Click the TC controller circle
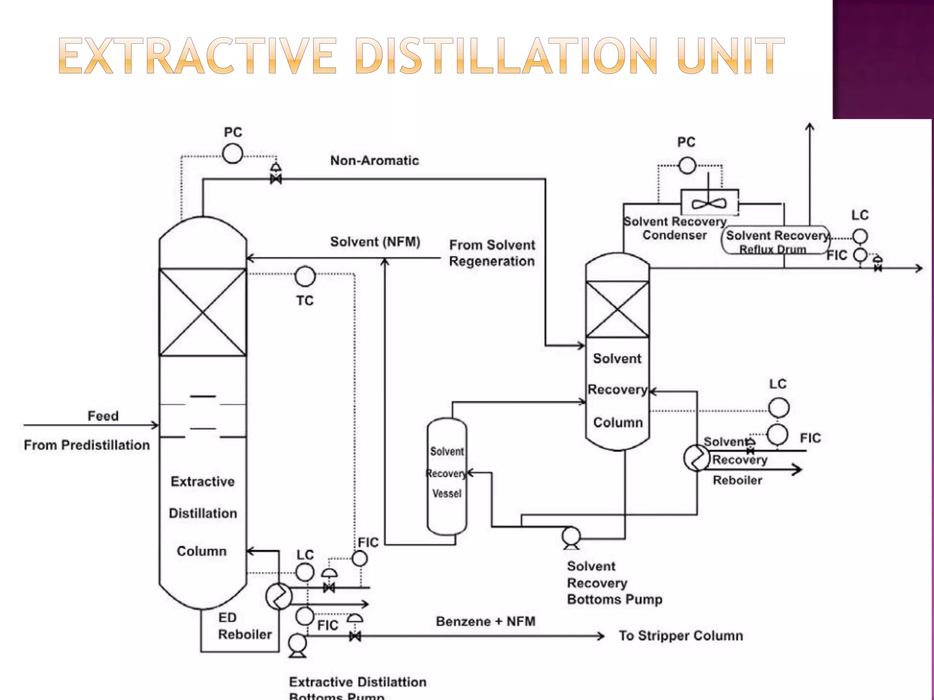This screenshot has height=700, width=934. [x=305, y=276]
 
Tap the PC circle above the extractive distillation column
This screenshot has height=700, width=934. [x=233, y=154]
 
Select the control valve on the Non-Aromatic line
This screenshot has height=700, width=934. [x=276, y=179]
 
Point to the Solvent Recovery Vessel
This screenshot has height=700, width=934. [x=447, y=476]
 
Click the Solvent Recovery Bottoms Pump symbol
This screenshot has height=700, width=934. [x=571, y=537]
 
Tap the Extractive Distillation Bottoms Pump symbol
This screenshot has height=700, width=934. [x=297, y=644]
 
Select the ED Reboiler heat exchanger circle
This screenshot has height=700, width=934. [x=279, y=596]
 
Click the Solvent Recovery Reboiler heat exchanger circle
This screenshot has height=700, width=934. [x=696, y=458]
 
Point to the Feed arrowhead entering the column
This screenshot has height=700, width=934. [x=156, y=425]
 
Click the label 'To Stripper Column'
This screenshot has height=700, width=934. [x=680, y=636]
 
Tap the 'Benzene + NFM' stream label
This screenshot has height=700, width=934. [x=485, y=622]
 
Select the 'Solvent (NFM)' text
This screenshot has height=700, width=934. [x=375, y=242]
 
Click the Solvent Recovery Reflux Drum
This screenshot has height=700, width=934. [x=775, y=240]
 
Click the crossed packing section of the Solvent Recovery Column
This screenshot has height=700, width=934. [x=617, y=309]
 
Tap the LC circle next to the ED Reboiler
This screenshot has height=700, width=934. [x=305, y=572]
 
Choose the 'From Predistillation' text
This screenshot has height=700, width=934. [x=87, y=445]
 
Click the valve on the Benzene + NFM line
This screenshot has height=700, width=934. [x=355, y=636]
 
